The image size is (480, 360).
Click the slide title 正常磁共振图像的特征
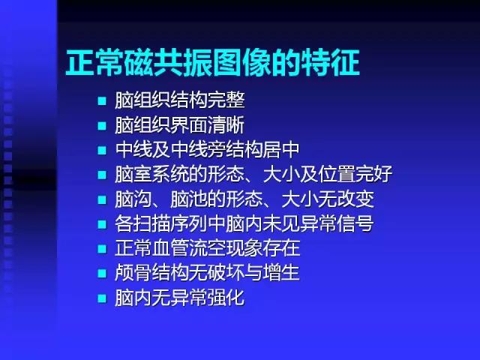pyautogui.click(x=213, y=63)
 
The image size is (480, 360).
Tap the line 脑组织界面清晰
pyautogui.click(x=179, y=124)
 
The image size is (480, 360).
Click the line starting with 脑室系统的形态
pyautogui.click(x=253, y=174)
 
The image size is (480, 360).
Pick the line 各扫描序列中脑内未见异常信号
pyautogui.click(x=244, y=223)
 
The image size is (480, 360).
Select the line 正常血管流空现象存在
pyautogui.click(x=207, y=248)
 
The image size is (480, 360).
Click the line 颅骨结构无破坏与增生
pyautogui.click(x=207, y=273)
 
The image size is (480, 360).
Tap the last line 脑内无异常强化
pyautogui.click(x=179, y=298)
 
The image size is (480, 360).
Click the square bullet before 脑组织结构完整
pyautogui.click(x=102, y=100)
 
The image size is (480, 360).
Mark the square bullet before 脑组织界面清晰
pyautogui.click(x=102, y=125)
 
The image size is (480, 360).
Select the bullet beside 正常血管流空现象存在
pyautogui.click(x=102, y=249)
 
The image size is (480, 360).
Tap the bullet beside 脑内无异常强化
pyautogui.click(x=102, y=298)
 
